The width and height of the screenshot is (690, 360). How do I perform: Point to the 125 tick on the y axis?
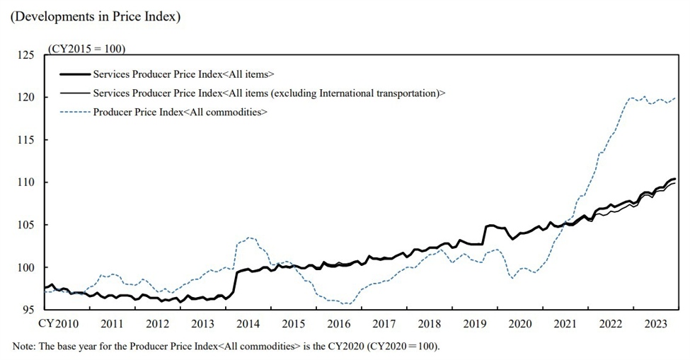click(26, 54)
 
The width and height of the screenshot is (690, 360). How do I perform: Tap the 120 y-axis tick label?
click(26, 97)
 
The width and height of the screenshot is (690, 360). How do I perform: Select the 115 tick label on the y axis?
click(26, 139)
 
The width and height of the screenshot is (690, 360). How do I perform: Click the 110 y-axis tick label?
click(26, 182)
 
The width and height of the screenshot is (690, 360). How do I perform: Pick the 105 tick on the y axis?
click(26, 225)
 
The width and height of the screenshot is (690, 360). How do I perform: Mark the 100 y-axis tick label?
click(26, 267)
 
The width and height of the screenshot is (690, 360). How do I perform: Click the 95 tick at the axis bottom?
click(29, 310)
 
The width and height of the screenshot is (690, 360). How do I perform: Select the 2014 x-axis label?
click(247, 323)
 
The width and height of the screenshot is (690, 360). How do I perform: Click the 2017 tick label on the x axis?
click(384, 323)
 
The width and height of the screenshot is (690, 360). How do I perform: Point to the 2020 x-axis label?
click(520, 323)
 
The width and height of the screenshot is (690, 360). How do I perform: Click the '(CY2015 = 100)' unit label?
click(86, 49)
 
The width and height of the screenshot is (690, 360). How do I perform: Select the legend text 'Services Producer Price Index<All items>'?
click(183, 74)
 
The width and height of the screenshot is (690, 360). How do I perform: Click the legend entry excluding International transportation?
click(269, 93)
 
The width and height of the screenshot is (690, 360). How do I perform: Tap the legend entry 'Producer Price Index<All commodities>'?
click(180, 112)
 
